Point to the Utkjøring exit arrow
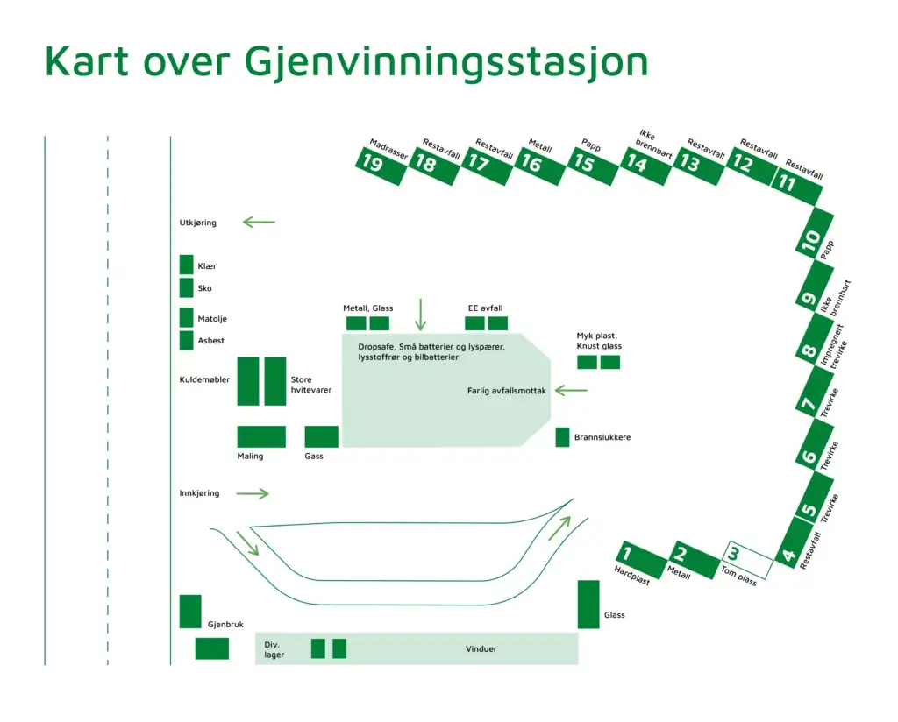click(259, 223)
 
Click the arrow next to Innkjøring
click(253, 494)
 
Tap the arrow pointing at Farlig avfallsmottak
click(571, 391)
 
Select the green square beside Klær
click(186, 265)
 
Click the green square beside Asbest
click(186, 341)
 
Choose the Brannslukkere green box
click(562, 436)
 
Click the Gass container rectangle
click(321, 436)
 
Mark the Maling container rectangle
click(261, 436)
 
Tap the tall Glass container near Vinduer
click(588, 604)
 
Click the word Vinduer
click(481, 649)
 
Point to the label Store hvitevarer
click(306, 386)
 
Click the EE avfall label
click(484, 308)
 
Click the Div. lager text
click(274, 649)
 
